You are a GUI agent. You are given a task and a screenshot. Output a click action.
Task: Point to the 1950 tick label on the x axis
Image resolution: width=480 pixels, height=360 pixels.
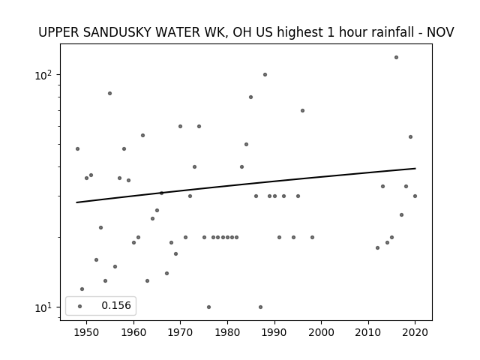tap(86, 332)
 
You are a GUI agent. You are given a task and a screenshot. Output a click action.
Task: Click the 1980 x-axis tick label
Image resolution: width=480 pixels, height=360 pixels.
tap(227, 332)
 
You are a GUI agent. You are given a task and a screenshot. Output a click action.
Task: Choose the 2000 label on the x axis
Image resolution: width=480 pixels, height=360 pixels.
tap(321, 332)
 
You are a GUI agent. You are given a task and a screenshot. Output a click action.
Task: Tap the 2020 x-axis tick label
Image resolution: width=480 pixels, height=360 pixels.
tap(415, 332)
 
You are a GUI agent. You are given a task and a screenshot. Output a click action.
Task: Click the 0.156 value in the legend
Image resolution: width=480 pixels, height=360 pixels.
tap(116, 305)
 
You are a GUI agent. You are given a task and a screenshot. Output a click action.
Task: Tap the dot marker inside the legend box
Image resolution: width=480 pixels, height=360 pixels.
tap(80, 306)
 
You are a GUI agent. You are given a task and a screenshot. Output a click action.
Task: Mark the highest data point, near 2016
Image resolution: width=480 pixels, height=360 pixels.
tap(396, 57)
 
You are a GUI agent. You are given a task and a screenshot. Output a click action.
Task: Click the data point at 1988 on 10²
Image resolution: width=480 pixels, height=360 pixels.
tap(265, 75)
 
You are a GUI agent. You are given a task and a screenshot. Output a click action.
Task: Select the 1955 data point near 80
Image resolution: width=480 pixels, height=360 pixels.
tap(109, 93)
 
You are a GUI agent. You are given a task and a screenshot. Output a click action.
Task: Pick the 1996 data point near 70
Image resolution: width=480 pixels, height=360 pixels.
tap(302, 110)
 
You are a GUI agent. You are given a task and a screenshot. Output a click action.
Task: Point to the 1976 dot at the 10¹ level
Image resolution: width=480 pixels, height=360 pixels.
tap(208, 307)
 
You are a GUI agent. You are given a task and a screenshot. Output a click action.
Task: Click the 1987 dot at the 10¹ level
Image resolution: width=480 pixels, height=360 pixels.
tap(260, 307)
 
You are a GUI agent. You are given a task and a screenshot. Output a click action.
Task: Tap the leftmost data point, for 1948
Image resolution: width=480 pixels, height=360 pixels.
tap(77, 148)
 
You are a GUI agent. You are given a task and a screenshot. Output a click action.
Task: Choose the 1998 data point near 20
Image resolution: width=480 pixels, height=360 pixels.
tap(312, 237)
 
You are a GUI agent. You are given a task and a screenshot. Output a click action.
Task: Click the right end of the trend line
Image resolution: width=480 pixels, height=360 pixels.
tap(415, 168)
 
